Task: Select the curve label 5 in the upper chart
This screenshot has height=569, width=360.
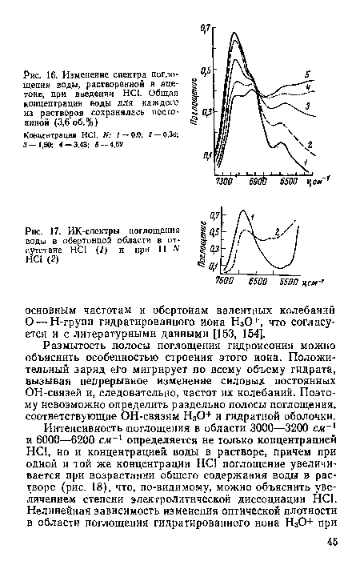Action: coord(307,75)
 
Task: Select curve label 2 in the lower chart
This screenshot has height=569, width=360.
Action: coord(277,231)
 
